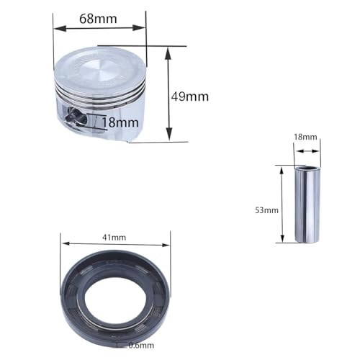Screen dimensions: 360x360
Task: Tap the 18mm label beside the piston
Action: (x=120, y=122)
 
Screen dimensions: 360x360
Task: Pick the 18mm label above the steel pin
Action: (x=306, y=136)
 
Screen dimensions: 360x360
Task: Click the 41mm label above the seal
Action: (x=114, y=237)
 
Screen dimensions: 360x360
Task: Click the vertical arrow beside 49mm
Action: (x=168, y=94)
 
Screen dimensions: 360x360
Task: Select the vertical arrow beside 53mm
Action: (x=281, y=204)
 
